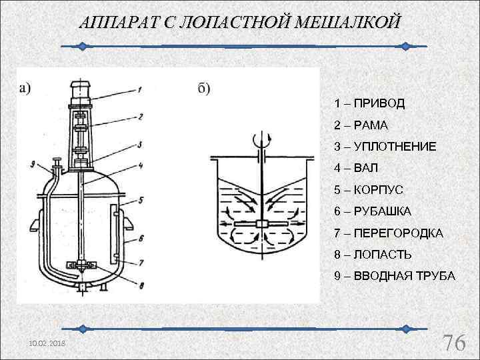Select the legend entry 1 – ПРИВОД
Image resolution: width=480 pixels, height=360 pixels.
[369, 104]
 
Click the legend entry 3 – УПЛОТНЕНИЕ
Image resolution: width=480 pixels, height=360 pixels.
[385, 146]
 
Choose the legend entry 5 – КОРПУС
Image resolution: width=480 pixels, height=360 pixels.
[369, 190]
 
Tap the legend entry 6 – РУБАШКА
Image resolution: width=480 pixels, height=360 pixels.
[373, 211]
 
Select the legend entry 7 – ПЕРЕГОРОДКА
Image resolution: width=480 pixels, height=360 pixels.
[389, 233]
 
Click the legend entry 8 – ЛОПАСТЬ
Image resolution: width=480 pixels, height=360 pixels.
[373, 255]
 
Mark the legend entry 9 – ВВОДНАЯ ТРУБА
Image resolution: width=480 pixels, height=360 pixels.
[395, 276]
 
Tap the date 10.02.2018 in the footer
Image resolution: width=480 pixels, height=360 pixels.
[43, 342]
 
